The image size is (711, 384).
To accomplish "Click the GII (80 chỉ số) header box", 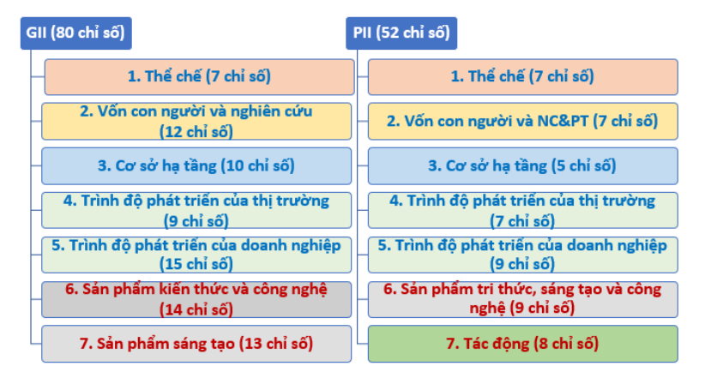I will pyautogui.click(x=75, y=33).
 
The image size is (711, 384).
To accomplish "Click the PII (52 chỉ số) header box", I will pyautogui.click(x=401, y=33).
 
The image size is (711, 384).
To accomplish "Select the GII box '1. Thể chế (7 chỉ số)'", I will pyautogui.click(x=199, y=76).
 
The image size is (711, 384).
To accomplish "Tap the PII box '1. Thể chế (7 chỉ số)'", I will pyautogui.click(x=522, y=76).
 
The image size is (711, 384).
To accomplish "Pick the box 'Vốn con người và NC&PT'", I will pyautogui.click(x=522, y=121).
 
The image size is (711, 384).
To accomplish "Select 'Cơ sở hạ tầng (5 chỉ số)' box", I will pyautogui.click(x=522, y=166).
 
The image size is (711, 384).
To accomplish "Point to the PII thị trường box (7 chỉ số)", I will pyautogui.click(x=522, y=211).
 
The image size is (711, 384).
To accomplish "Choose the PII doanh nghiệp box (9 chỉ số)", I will pyautogui.click(x=522, y=255).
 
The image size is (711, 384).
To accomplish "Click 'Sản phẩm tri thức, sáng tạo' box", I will pyautogui.click(x=522, y=299).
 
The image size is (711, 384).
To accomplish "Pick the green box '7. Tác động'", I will pyautogui.click(x=522, y=344).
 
